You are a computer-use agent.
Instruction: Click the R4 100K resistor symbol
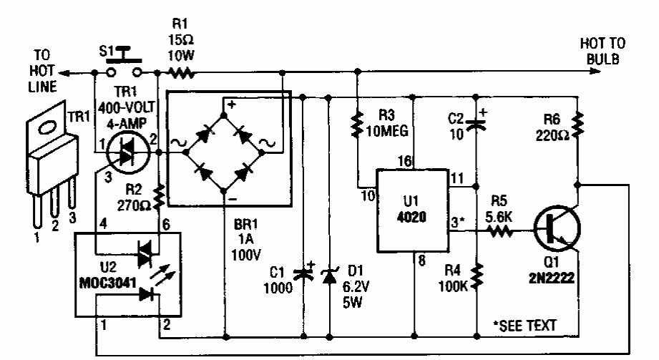click(476, 274)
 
